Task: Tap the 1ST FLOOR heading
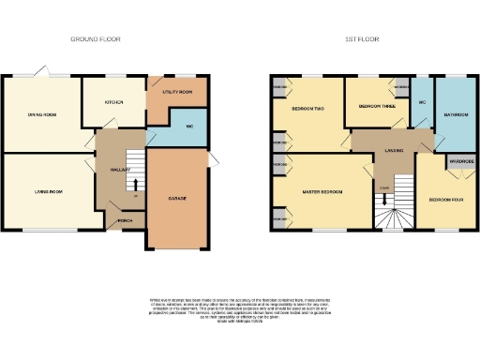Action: click(x=362, y=39)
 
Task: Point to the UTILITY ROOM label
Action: click(x=177, y=92)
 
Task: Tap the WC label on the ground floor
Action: click(x=188, y=126)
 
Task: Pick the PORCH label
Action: click(x=123, y=222)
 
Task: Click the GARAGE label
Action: click(x=175, y=200)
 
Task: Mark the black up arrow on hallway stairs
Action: click(x=132, y=184)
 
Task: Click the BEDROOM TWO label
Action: click(x=307, y=110)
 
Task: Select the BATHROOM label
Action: click(x=456, y=115)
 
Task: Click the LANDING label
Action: click(x=381, y=151)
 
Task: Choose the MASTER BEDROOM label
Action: click(x=322, y=192)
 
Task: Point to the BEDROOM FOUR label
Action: click(x=446, y=200)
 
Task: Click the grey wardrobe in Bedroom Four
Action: click(x=459, y=161)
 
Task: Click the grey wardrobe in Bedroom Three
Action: click(x=401, y=88)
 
